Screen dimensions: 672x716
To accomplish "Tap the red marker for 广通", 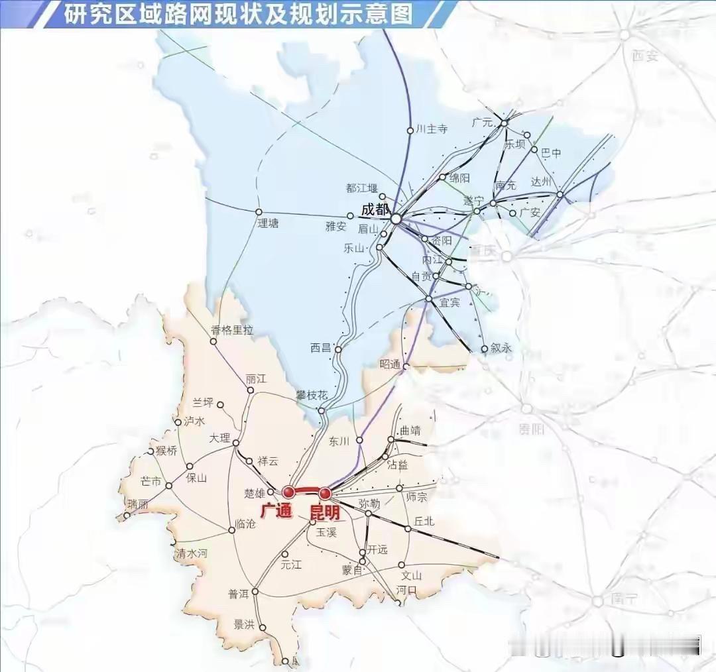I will pyautogui.click(x=288, y=492).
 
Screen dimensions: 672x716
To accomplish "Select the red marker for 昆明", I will pyautogui.click(x=325, y=494).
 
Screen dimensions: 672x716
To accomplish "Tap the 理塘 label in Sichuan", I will pyautogui.click(x=268, y=223).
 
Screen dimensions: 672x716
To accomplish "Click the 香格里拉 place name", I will pyautogui.click(x=231, y=329).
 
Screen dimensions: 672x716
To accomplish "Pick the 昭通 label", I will pyautogui.click(x=390, y=364).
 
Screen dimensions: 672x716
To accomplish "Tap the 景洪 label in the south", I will pyautogui.click(x=244, y=624).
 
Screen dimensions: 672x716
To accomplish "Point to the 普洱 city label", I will pyautogui.click(x=238, y=594).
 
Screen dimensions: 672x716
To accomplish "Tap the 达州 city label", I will pyautogui.click(x=542, y=182).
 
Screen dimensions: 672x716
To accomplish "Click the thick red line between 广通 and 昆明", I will pyautogui.click(x=306, y=490).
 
